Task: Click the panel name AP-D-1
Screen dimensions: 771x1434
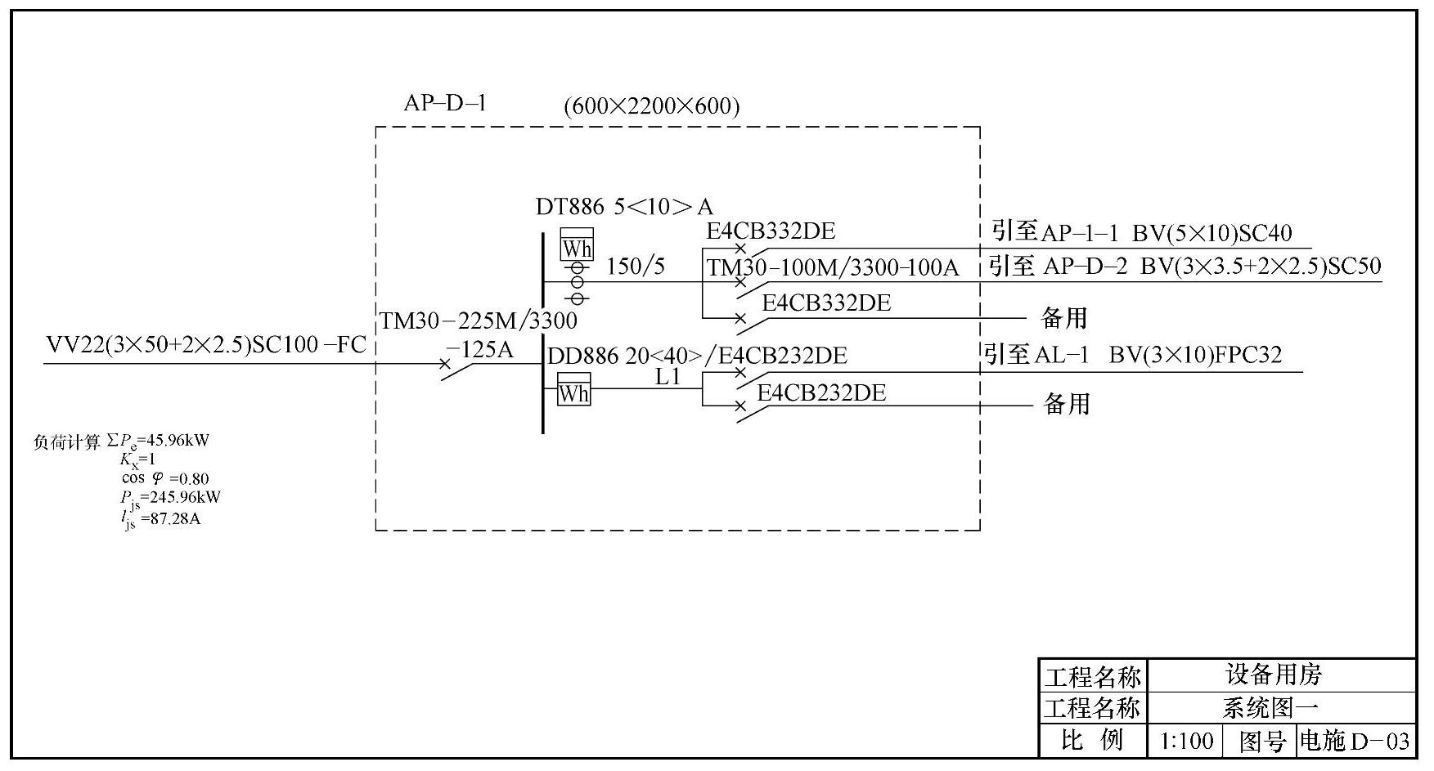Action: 445,103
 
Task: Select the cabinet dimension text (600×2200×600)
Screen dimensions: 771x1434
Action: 651,106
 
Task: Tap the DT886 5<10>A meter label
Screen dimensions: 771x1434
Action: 624,207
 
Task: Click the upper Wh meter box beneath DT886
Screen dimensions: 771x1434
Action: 577,245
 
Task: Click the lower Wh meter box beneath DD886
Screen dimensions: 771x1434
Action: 573,391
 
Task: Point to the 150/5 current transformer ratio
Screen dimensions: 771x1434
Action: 636,267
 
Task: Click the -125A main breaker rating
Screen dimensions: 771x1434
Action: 480,350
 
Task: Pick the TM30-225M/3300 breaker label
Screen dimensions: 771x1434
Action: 479,321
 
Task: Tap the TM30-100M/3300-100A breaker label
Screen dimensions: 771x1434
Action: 833,268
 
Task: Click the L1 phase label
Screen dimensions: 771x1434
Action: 668,377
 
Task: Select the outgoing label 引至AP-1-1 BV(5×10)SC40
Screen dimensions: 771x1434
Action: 1141,233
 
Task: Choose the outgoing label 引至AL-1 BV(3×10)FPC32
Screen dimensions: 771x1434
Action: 1132,355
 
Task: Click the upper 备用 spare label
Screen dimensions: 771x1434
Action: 1063,317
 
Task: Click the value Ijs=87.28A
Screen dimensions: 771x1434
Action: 161,518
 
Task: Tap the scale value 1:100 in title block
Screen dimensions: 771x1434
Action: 1186,741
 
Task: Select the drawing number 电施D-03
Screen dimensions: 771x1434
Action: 1355,741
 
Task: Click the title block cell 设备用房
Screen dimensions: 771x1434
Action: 1274,675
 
